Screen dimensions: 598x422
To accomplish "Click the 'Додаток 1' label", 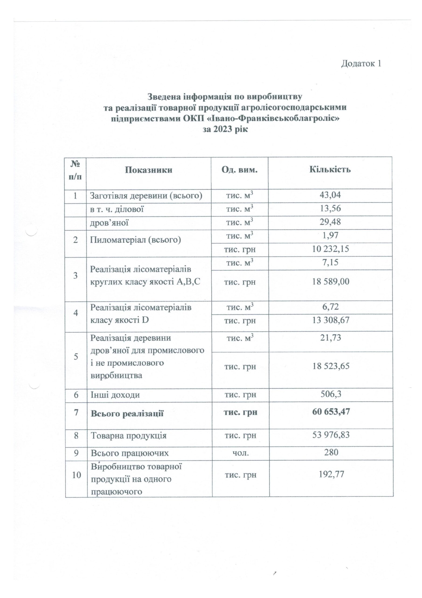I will pyautogui.click(x=361, y=63).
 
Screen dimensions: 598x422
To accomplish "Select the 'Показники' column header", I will pyautogui.click(x=149, y=170).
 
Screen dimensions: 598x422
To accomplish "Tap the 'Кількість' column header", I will pyautogui.click(x=330, y=170).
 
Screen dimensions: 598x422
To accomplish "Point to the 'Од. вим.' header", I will pyautogui.click(x=239, y=170).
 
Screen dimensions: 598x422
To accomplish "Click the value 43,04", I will pyautogui.click(x=330, y=195).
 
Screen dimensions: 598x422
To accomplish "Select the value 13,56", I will pyautogui.click(x=330, y=209).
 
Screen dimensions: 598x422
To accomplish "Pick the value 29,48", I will pyautogui.click(x=330, y=222).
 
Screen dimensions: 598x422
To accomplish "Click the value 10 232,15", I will pyautogui.click(x=330, y=249).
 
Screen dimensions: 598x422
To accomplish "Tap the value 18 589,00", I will pyautogui.click(x=330, y=282).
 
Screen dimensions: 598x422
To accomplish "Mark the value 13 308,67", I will pyautogui.click(x=330, y=320).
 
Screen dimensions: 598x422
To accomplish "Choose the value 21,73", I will pyautogui.click(x=330, y=338).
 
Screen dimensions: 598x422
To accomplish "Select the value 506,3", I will pyautogui.click(x=330, y=394).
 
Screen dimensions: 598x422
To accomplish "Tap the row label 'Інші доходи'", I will pyautogui.click(x=115, y=395).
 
